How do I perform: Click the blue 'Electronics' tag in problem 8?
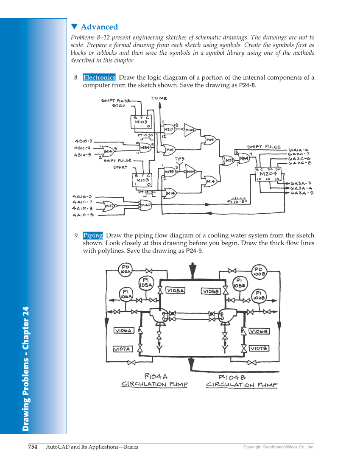pos(99,78)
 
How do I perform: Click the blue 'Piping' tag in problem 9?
pos(93,235)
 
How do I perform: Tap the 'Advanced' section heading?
pos(99,27)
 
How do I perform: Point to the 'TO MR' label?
pos(159,98)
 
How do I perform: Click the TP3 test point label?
pos(180,159)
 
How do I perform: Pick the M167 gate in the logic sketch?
pos(146,205)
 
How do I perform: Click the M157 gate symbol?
pos(110,206)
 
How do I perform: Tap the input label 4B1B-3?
pos(84,141)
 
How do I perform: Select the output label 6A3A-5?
pos(302,193)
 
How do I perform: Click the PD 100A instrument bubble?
pos(126,269)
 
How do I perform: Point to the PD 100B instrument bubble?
pos(259,271)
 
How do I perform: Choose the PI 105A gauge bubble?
pos(146,283)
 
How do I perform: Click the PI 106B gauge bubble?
pos(260,295)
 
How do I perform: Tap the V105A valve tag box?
pos(176,291)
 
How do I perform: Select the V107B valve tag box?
pos(259,349)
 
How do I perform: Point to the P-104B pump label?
pos(232,377)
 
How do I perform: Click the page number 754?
pos(33,447)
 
